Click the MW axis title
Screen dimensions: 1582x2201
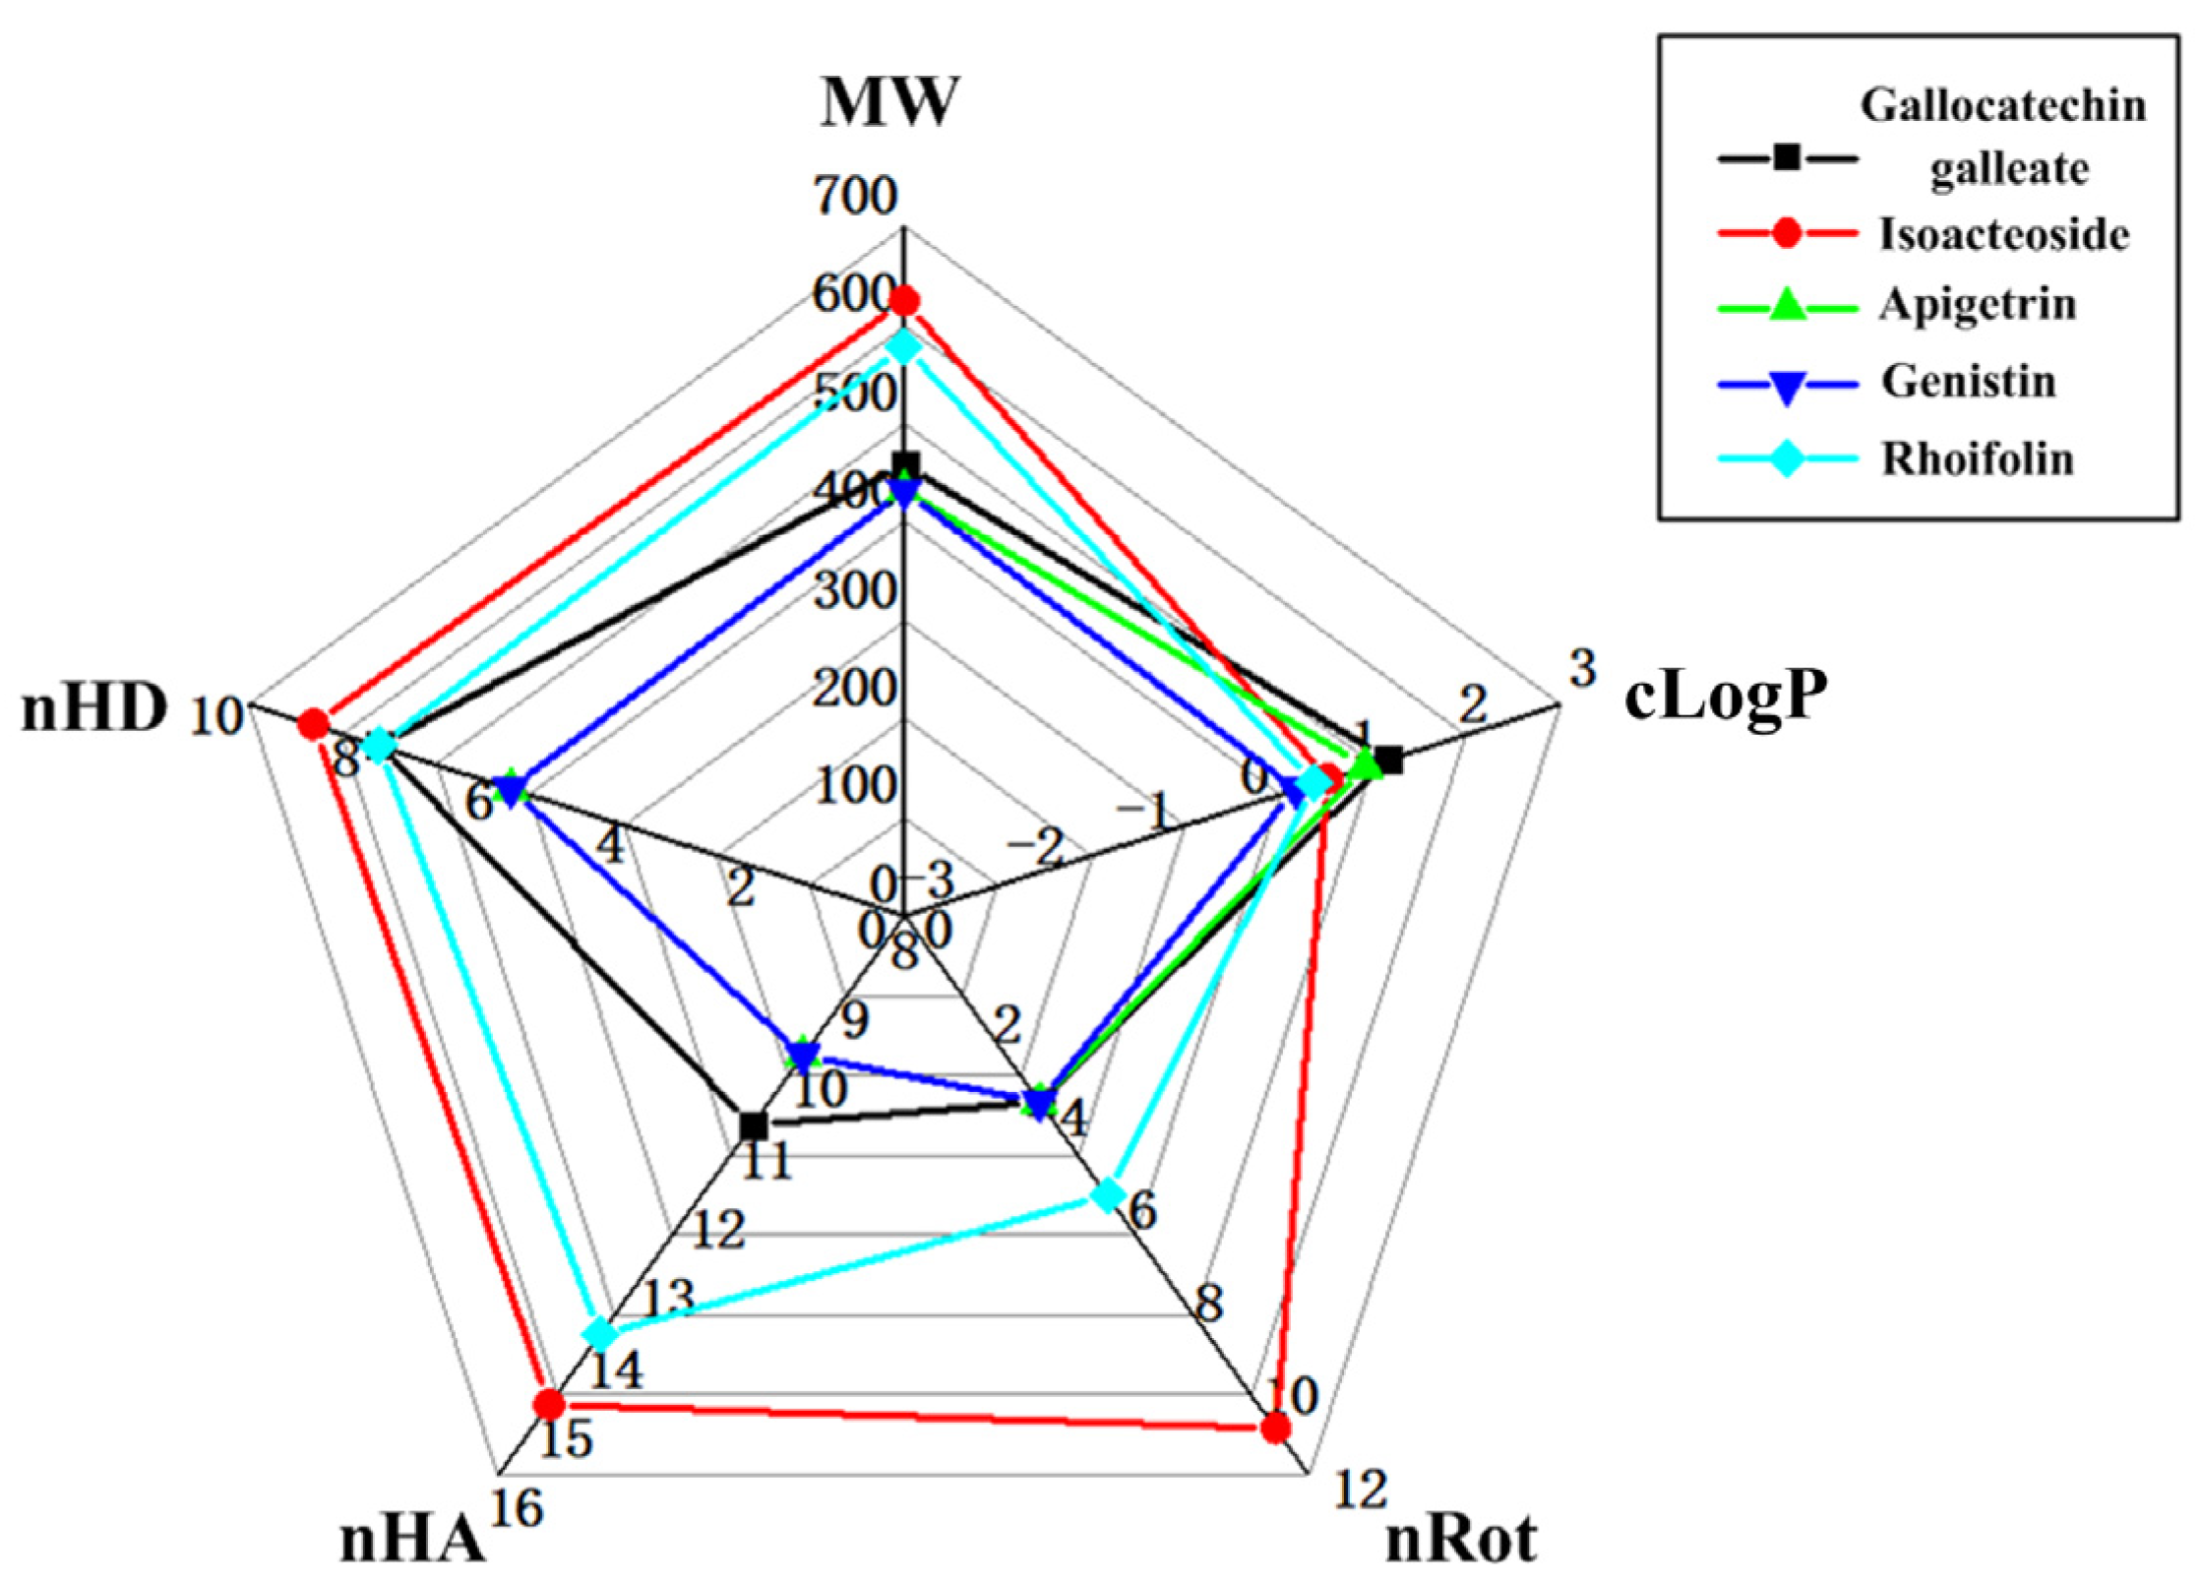click(888, 101)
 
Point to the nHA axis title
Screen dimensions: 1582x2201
click(412, 1540)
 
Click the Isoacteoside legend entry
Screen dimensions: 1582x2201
click(2003, 234)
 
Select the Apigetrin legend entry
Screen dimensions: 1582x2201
click(1978, 305)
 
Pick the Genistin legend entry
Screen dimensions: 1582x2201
click(1968, 381)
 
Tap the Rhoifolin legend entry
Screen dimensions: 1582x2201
click(1978, 458)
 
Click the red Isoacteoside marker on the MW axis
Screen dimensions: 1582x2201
click(904, 300)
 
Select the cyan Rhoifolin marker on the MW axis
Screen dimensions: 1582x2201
click(904, 346)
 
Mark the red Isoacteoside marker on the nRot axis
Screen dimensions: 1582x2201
click(1275, 1428)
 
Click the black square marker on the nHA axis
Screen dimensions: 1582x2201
click(754, 1125)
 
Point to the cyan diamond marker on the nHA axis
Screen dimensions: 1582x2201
click(600, 1335)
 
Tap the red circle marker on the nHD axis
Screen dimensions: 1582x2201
click(314, 725)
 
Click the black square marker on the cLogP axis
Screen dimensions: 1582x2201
click(1389, 759)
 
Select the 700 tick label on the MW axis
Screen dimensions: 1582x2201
click(856, 197)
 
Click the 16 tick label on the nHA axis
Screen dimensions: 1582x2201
click(518, 1508)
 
